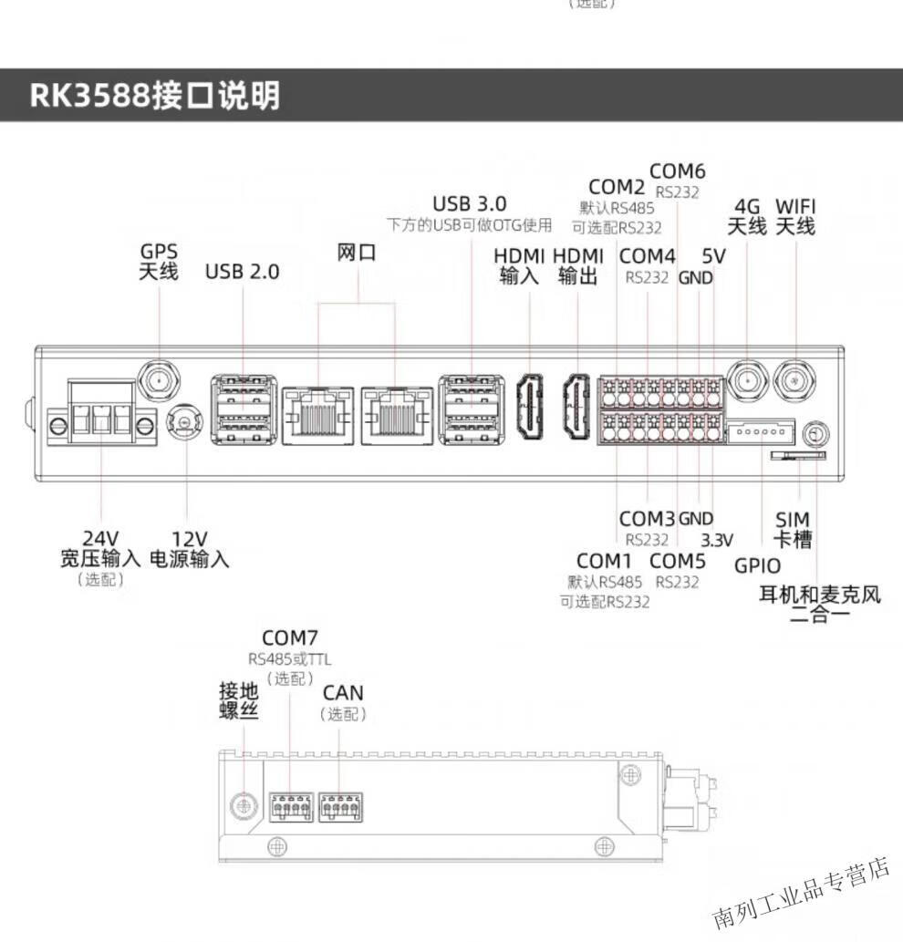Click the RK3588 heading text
(x=155, y=95)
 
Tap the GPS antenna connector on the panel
(x=158, y=377)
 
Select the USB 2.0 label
(x=242, y=271)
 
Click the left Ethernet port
(x=317, y=415)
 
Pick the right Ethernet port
(x=397, y=415)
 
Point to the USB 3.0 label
(x=469, y=202)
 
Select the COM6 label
(x=677, y=171)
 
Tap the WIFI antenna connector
(x=794, y=377)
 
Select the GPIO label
(x=757, y=565)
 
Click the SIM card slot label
(x=793, y=530)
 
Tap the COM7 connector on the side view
(x=291, y=807)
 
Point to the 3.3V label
(x=717, y=540)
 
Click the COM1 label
(x=604, y=560)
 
